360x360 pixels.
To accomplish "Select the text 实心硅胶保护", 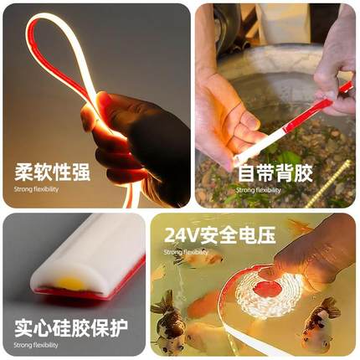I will click(x=70, y=327).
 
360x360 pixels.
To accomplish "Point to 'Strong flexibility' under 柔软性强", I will click(x=37, y=190).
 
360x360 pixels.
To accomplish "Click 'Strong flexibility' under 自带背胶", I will click(x=260, y=190).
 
